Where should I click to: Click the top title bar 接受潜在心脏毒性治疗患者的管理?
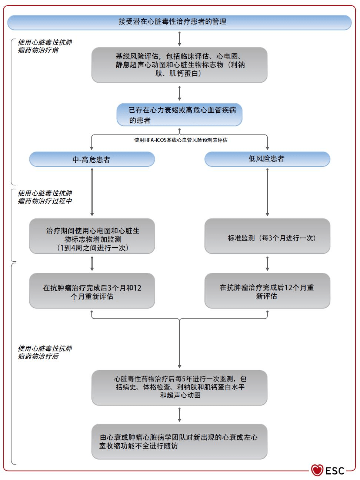[179, 22]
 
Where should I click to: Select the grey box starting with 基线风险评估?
[179, 65]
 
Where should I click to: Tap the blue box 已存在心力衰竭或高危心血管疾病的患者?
[179, 115]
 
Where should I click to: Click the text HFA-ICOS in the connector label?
[155, 140]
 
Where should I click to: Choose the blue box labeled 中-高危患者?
[92, 159]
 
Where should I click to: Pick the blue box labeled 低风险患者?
[267, 159]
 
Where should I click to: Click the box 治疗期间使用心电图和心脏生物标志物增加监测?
[92, 236]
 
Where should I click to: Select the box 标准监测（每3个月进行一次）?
[267, 236]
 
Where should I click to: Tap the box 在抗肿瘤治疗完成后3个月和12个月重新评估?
[92, 291]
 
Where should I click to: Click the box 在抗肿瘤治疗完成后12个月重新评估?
[267, 291]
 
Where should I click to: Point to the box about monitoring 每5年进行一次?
[179, 387]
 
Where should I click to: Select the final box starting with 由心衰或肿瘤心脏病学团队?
[179, 441]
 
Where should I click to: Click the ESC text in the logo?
[335, 471]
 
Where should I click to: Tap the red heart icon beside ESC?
[317, 470]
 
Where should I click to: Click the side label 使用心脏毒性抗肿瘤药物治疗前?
[45, 46]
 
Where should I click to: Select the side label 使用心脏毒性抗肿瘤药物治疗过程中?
[45, 197]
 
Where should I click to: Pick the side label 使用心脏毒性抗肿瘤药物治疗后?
[45, 352]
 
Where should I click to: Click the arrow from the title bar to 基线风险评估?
[179, 39]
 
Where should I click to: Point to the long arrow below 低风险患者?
[267, 192]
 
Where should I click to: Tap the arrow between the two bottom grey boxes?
[179, 414]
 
